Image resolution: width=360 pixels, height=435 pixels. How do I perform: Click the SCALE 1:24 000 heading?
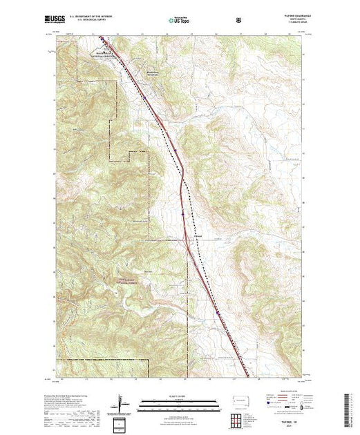click(x=179, y=397)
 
